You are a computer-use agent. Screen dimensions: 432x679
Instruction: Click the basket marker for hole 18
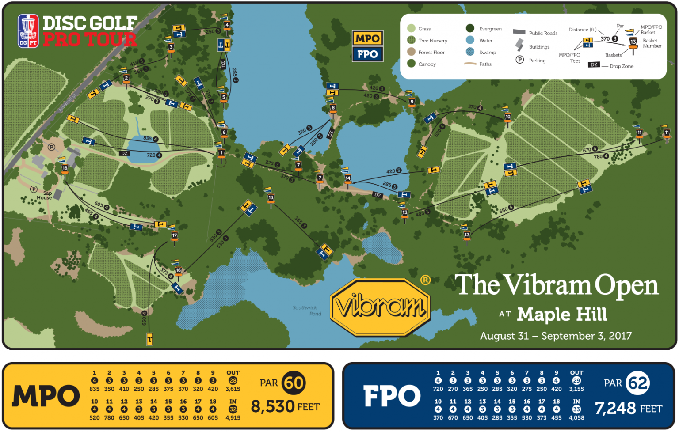point(65,168)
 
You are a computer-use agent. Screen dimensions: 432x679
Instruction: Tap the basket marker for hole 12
point(467,235)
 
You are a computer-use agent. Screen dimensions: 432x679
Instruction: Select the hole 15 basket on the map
point(271,198)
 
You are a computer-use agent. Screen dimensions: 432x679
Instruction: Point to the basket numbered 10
point(507,117)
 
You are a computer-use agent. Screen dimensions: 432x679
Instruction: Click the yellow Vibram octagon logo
point(380,307)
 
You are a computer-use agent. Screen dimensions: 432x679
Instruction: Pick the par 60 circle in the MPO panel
point(294,383)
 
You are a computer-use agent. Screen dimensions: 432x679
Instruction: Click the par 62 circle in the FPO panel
point(638,383)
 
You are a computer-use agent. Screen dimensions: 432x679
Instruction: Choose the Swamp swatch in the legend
point(470,52)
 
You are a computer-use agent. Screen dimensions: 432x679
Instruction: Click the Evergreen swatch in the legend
point(470,29)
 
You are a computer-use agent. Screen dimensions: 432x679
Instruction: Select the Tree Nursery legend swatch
point(411,41)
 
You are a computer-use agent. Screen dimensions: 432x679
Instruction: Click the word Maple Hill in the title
point(561,315)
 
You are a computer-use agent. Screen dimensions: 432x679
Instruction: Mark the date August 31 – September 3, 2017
point(556,336)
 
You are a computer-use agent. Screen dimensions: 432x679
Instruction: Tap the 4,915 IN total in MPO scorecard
point(233,417)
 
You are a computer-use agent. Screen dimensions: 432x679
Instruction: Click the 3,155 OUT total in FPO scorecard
point(576,389)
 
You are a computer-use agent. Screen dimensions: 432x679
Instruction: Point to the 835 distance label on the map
point(147,138)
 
